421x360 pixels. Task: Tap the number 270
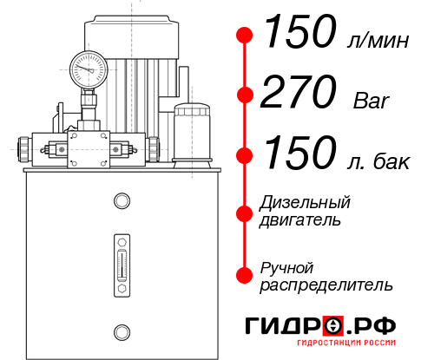pos(299,92)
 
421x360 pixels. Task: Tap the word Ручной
pos(287,265)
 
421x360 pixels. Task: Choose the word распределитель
pos(326,284)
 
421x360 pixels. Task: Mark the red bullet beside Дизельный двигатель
pos(246,212)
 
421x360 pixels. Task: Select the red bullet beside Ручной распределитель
pos(246,274)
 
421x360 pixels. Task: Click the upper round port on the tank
pos(121,202)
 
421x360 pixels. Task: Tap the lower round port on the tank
pos(121,331)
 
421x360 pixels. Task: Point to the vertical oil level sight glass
pos(121,260)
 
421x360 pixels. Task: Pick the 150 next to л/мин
pos(299,33)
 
